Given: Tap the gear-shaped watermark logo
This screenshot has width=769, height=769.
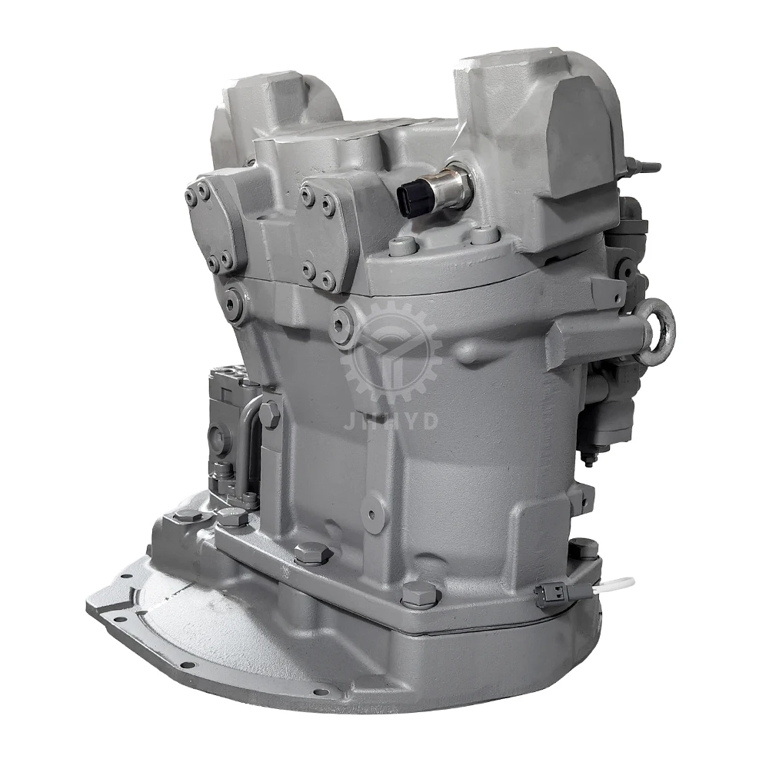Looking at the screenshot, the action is point(391,354).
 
